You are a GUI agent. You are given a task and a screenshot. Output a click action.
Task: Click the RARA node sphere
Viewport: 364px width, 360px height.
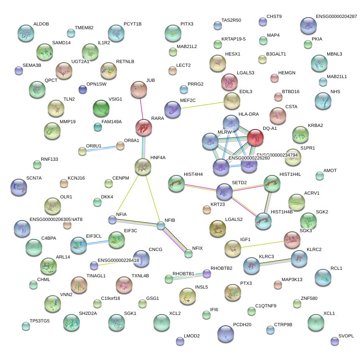144,127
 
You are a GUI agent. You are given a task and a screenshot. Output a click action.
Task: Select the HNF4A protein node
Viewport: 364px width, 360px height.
143,167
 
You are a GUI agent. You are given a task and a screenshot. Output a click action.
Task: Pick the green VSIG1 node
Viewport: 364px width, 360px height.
101,109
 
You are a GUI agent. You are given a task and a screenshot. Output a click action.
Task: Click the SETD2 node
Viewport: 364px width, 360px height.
225,191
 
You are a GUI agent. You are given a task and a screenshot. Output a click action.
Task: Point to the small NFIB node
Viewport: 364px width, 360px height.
161,226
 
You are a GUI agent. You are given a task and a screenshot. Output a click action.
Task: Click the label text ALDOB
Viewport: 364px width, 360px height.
41,24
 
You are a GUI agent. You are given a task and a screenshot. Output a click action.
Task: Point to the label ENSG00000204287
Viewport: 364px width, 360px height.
336,16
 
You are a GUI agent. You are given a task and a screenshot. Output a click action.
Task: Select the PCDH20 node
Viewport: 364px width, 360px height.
226,333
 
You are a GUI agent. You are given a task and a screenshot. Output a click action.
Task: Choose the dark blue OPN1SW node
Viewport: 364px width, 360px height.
83,89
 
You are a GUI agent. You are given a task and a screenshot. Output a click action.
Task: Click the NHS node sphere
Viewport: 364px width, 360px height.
323,101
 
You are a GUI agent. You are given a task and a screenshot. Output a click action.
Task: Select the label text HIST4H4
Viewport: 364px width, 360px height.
193,174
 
